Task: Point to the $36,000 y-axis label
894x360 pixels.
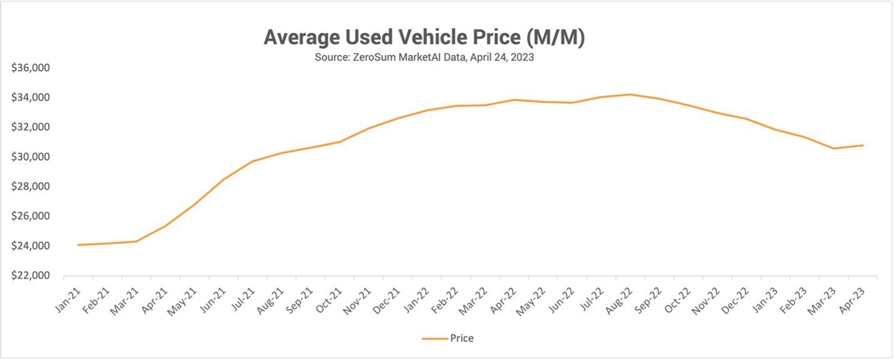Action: click(x=31, y=67)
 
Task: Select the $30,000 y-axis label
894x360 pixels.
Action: click(x=31, y=157)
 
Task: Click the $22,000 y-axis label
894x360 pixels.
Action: click(x=31, y=276)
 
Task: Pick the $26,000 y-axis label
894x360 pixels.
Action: click(x=31, y=216)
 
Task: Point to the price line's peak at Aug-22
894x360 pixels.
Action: click(x=630, y=94)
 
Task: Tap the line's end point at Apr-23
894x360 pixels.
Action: click(x=863, y=146)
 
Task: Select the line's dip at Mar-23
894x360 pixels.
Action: click(x=834, y=149)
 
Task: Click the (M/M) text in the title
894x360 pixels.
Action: click(x=555, y=37)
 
